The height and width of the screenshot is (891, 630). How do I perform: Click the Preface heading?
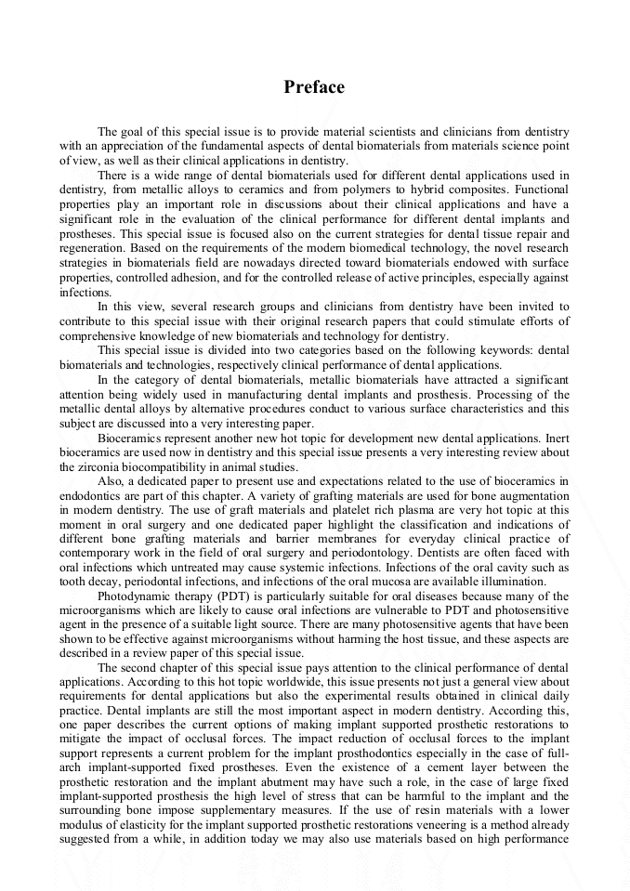(x=314, y=87)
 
